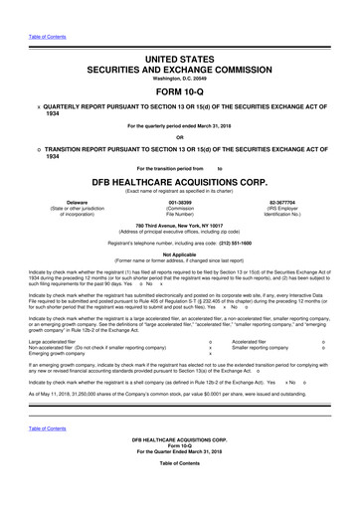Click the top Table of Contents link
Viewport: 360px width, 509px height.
coord(46,37)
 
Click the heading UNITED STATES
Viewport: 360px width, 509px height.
coord(180,61)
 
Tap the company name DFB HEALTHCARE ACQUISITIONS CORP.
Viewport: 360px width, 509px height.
coord(180,184)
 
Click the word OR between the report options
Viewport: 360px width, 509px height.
coord(180,137)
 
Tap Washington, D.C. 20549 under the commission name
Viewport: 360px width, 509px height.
coord(180,80)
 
